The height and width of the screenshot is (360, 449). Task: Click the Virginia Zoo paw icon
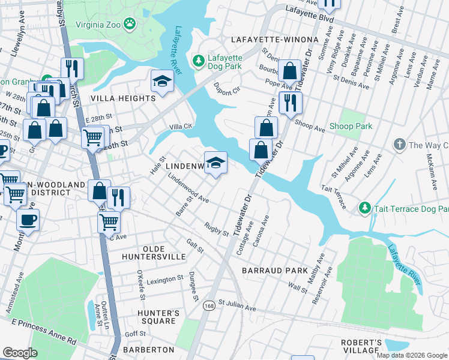coord(130,24)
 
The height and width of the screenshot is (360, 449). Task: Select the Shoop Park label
coord(351,127)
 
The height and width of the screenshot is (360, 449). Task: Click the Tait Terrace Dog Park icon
coord(364,208)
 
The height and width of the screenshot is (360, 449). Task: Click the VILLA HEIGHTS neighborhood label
coord(123,98)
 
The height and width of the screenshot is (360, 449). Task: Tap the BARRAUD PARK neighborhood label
coord(275,271)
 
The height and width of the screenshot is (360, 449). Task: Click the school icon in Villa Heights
coord(161,81)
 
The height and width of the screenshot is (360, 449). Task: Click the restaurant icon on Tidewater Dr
coord(290,101)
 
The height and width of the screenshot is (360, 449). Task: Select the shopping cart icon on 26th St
coord(92,137)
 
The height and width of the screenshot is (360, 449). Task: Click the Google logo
coord(20,353)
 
